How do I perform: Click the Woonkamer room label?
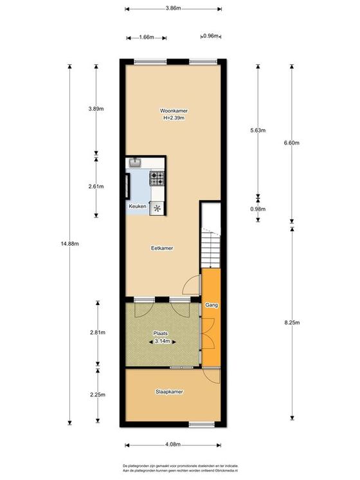click(174, 111)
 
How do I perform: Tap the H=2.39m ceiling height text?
click(174, 118)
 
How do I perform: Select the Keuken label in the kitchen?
click(138, 207)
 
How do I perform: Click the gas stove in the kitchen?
click(157, 178)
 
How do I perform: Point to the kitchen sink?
click(134, 162)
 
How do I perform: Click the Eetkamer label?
click(162, 248)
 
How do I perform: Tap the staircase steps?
click(210, 248)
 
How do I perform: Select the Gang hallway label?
click(212, 305)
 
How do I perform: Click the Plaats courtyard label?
click(160, 334)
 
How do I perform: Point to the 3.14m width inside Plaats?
click(163, 341)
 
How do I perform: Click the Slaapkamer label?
click(169, 392)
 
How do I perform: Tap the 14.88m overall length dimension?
click(69, 244)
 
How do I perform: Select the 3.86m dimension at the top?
click(173, 8)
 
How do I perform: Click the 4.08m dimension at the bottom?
click(173, 445)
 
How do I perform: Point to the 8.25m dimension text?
click(292, 322)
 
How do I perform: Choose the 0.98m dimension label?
click(258, 209)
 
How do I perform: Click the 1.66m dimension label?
click(147, 37)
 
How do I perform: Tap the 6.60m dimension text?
click(292, 143)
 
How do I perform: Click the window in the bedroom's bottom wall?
click(202, 424)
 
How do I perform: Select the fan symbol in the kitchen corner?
click(157, 208)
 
